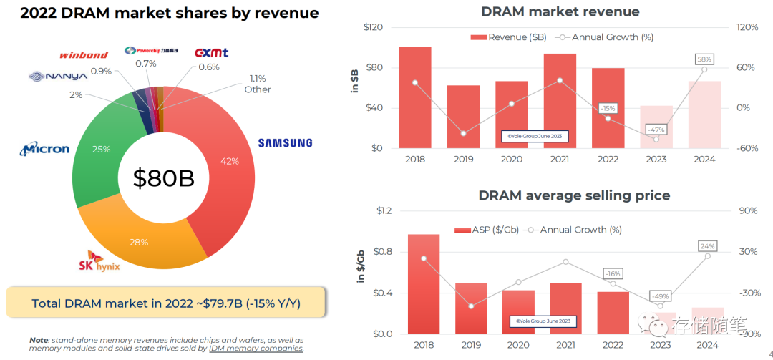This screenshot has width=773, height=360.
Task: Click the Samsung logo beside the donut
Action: (x=285, y=142)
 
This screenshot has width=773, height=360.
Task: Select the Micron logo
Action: (x=45, y=149)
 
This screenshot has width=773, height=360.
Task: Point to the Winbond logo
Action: (x=84, y=54)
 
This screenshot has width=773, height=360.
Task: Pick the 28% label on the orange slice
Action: (x=138, y=242)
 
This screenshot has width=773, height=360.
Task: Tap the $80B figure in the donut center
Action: (x=163, y=178)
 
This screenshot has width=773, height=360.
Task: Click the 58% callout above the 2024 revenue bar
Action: (x=704, y=59)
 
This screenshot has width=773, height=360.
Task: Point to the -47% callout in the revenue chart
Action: (x=656, y=130)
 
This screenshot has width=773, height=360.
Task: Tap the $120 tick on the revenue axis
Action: (x=373, y=27)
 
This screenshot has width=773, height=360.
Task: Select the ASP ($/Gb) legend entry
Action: (x=487, y=230)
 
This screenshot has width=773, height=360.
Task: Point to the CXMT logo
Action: (x=212, y=53)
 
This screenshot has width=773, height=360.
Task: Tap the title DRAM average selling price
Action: (x=574, y=195)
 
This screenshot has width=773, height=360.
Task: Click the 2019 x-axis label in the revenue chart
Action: (x=463, y=159)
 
